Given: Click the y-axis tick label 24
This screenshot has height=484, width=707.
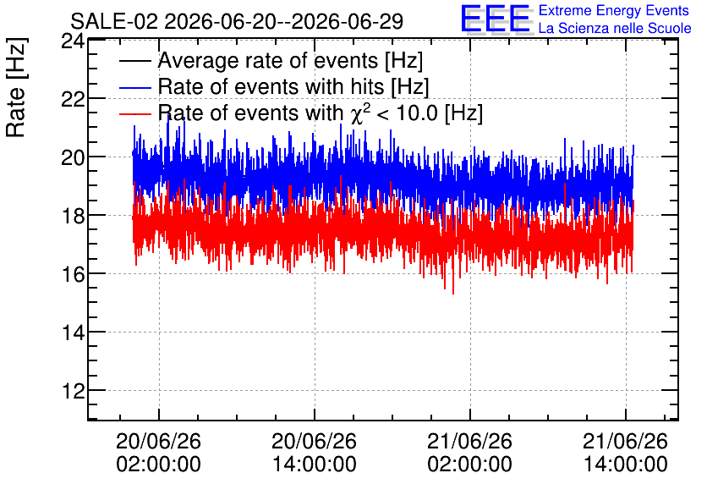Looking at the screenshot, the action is [x=73, y=41].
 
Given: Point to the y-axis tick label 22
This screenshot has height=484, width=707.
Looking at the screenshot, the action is [x=73, y=99].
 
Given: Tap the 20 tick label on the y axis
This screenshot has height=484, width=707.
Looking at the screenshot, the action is [x=73, y=157].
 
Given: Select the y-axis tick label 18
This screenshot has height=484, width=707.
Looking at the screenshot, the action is [x=73, y=216].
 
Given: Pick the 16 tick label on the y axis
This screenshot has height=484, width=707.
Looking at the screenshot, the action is [x=73, y=274].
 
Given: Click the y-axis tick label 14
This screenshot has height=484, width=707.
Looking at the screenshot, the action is [x=73, y=333].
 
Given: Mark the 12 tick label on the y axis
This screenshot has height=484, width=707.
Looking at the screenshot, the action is [x=73, y=391].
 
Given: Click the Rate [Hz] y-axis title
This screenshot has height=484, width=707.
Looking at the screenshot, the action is [x=16, y=87].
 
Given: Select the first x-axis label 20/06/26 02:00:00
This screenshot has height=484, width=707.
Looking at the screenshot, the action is [x=158, y=453].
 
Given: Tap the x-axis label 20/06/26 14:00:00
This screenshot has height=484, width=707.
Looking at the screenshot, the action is [x=315, y=453].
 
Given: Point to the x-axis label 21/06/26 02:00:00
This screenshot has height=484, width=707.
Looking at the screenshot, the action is [x=470, y=453].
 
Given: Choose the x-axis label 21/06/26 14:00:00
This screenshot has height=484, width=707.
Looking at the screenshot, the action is [x=625, y=453].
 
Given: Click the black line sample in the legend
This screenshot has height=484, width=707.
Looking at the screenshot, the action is [x=134, y=61].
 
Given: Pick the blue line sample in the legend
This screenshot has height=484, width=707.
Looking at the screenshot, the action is [x=134, y=87].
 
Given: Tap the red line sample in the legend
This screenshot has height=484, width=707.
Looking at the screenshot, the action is [x=134, y=113].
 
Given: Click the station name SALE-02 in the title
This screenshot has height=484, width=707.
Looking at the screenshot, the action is [x=114, y=22].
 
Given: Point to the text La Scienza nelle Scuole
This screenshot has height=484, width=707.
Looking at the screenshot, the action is [x=615, y=28].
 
